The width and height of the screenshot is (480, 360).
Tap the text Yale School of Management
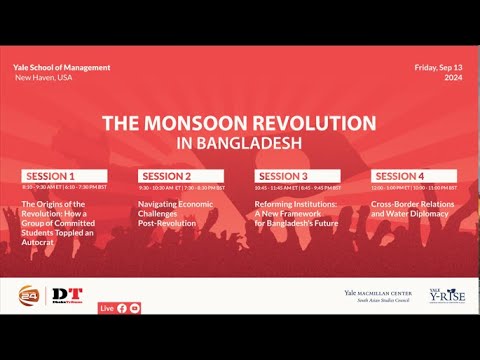62,67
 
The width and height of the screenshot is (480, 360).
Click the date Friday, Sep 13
439,67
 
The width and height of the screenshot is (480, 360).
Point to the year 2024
452,77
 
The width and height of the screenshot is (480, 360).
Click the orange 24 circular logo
29,297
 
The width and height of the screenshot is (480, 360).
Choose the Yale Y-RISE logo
444,297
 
